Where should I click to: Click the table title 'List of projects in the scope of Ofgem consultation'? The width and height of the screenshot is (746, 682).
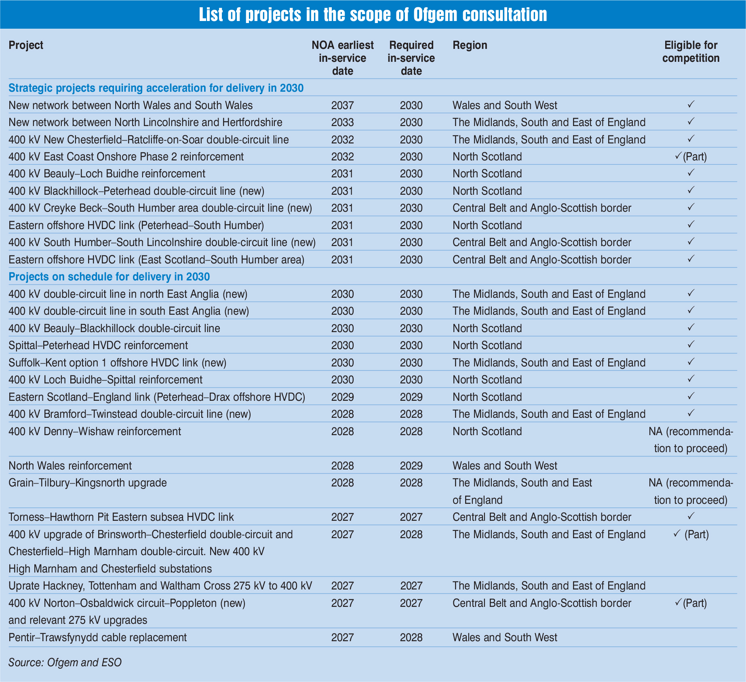[x=373, y=15]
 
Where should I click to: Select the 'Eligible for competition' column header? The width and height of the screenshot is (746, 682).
[x=691, y=52]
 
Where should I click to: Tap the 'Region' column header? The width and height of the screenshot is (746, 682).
[x=470, y=45]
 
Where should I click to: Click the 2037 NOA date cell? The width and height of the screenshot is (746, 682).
[x=342, y=105]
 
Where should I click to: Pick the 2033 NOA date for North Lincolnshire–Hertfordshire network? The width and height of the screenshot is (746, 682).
[x=342, y=122]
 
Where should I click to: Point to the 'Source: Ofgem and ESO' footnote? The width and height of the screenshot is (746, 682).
[x=65, y=663]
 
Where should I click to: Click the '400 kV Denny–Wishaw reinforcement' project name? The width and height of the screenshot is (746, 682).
[x=95, y=432]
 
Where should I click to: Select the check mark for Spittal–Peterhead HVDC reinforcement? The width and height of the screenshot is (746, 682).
[x=691, y=345]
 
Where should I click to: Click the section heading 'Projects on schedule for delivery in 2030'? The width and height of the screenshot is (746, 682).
[x=109, y=277]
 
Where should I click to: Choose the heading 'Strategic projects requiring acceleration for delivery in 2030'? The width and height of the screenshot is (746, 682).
[x=156, y=88]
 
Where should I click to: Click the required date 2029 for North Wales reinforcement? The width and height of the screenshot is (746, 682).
[x=411, y=466]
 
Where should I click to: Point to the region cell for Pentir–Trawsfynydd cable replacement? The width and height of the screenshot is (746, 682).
[x=505, y=638]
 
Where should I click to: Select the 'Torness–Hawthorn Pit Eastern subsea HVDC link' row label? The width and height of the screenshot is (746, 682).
[x=121, y=517]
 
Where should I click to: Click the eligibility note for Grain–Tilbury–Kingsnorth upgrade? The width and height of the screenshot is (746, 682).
[x=691, y=491]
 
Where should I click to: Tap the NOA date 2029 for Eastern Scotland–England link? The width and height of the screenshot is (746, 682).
[x=342, y=397]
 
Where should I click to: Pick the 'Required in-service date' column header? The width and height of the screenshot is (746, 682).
[x=411, y=58]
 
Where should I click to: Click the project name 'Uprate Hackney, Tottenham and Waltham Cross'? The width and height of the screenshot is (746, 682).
[x=160, y=586]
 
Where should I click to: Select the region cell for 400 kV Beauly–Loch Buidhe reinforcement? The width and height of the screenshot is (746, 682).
[x=487, y=174]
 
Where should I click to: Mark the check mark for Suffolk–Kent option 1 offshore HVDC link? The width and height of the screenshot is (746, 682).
[x=691, y=362]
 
